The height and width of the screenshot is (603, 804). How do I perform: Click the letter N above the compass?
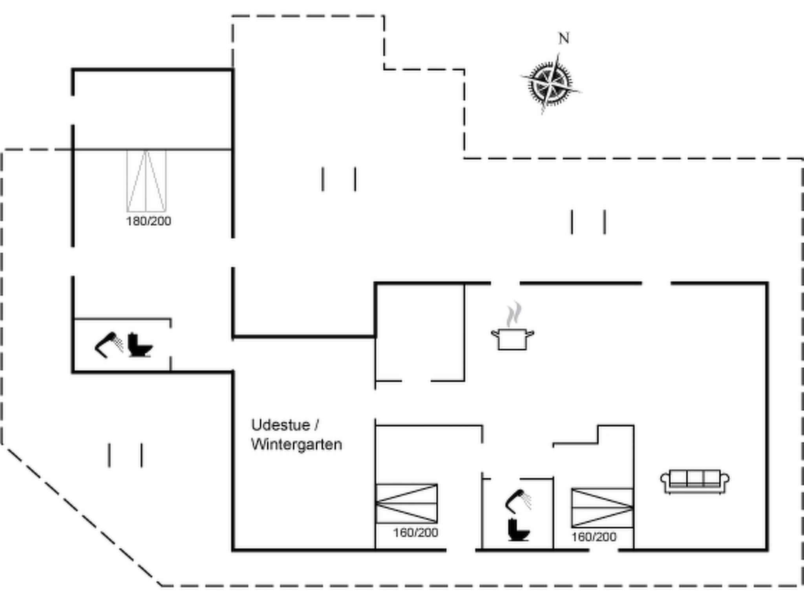point(564,38)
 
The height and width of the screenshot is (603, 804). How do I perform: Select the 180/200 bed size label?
point(148,221)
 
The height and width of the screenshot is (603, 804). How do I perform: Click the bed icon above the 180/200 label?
point(146,181)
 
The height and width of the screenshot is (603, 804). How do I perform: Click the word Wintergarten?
point(297,444)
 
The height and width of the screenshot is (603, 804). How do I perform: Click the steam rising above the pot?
point(513,314)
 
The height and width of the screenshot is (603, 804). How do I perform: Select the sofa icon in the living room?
point(695,481)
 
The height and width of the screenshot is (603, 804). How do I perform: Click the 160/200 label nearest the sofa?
point(594,537)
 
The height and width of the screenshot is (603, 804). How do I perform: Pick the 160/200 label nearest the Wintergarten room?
point(416,533)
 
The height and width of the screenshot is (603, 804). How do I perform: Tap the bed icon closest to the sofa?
point(602,508)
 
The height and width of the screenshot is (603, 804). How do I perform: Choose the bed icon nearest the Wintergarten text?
point(407,503)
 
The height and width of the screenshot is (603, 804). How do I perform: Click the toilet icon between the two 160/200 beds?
point(519,530)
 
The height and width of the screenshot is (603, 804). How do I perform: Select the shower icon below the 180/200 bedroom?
point(109,345)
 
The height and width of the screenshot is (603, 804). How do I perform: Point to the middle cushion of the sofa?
point(695,478)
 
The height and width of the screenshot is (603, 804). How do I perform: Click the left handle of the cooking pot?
point(495,334)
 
